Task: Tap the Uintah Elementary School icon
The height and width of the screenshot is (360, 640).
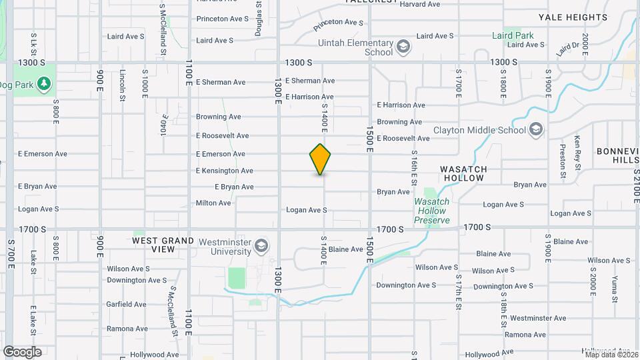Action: point(403,47)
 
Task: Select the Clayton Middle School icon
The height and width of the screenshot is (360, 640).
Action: point(536,130)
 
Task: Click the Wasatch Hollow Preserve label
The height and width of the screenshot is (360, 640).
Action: point(432,211)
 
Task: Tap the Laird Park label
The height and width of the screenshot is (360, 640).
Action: point(513,35)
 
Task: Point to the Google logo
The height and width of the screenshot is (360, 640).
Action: point(22,352)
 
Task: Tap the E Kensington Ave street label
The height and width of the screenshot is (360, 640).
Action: point(225,171)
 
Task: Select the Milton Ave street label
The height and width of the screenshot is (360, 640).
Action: point(213,203)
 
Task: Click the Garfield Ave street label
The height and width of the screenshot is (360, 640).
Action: point(126,305)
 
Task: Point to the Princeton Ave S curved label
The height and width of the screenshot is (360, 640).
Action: point(338,25)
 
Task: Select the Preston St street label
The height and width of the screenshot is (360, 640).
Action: point(563,163)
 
